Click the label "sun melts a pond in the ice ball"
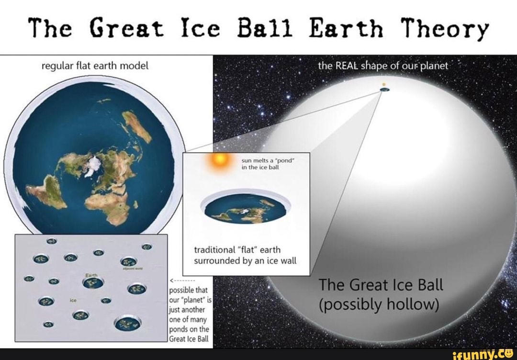pos(261,165)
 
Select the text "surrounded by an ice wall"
pos(245,261)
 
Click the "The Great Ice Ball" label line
pos(381,285)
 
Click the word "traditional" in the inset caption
pos(214,250)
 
